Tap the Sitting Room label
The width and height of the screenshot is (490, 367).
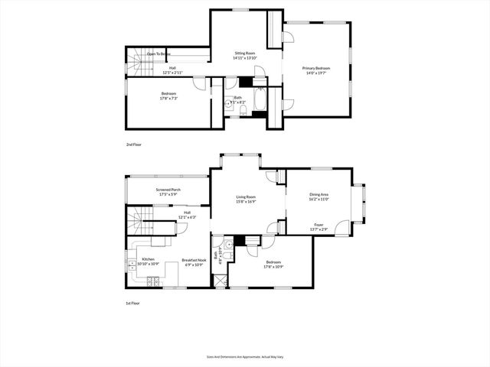coord(244,54)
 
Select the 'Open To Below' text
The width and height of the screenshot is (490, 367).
coord(158,54)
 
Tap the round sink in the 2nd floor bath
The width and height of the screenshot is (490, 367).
coord(228,106)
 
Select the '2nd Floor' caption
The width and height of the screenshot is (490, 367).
coord(134,144)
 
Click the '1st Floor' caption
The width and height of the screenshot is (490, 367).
coord(133,304)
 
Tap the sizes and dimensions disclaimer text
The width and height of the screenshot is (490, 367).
coord(244,356)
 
